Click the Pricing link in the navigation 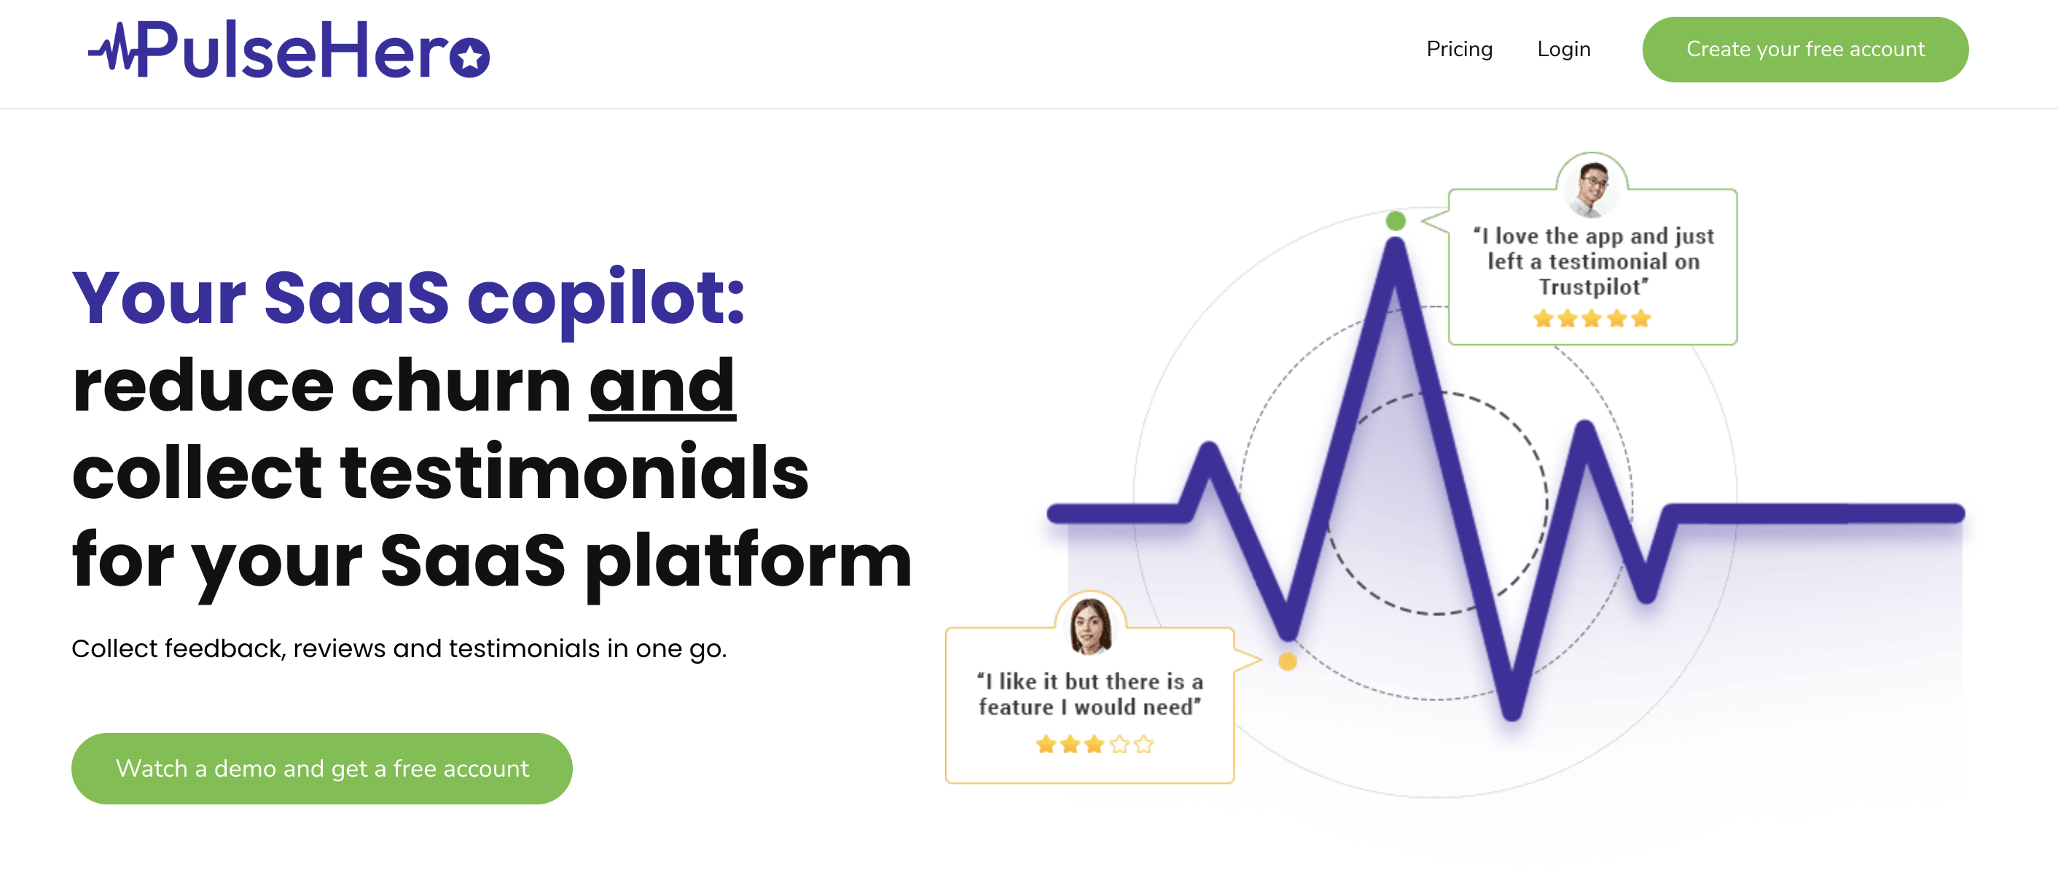pyautogui.click(x=1459, y=50)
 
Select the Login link pyautogui.click(x=1563, y=50)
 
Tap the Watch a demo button pyautogui.click(x=321, y=768)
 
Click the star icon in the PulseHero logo pyautogui.click(x=470, y=58)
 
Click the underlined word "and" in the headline pyautogui.click(x=662, y=385)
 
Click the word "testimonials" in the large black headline pyautogui.click(x=574, y=473)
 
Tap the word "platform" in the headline pyautogui.click(x=748, y=563)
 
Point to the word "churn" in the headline pyautogui.click(x=461, y=385)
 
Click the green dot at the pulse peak pyautogui.click(x=1396, y=221)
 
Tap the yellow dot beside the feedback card pyautogui.click(x=1288, y=661)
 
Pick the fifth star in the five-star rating pyautogui.click(x=1641, y=319)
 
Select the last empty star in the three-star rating pyautogui.click(x=1144, y=745)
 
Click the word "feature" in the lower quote pyautogui.click(x=1015, y=707)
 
